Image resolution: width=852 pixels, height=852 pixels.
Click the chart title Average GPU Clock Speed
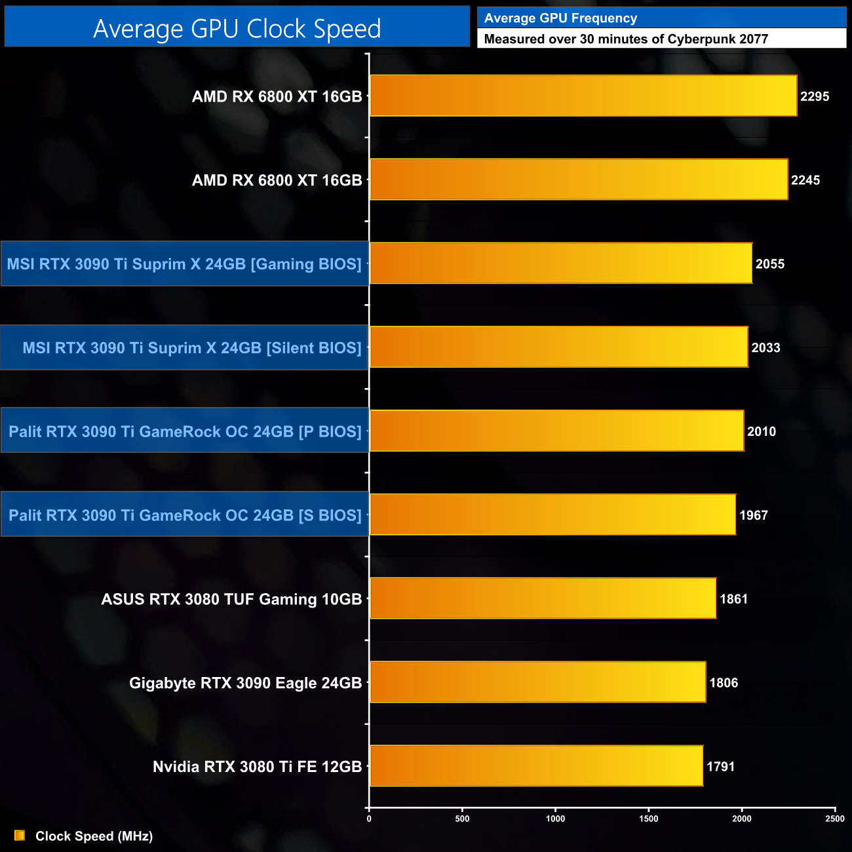click(x=237, y=29)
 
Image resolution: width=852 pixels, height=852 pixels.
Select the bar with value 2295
click(x=583, y=96)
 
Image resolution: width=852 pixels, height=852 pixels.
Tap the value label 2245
click(x=805, y=180)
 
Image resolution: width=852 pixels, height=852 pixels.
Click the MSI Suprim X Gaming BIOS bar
click(x=561, y=263)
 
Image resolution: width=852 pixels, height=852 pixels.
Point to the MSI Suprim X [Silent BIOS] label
click(x=191, y=348)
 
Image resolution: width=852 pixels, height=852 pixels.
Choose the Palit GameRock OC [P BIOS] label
click(x=185, y=432)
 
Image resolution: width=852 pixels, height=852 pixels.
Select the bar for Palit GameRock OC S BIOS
click(x=552, y=515)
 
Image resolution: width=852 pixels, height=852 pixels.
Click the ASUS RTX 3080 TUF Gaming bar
click(x=543, y=598)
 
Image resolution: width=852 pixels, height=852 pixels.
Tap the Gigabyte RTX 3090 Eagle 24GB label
click(x=245, y=683)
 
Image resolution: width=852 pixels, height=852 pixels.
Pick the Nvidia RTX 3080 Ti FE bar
click(x=536, y=766)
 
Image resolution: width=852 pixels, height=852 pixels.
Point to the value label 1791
click(x=720, y=767)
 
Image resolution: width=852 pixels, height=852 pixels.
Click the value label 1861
click(x=733, y=599)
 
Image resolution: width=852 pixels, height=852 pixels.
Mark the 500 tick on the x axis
click(x=463, y=819)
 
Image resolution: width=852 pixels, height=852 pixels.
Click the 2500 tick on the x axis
click(x=835, y=819)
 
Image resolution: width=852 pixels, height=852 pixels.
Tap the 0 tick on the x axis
click(x=369, y=819)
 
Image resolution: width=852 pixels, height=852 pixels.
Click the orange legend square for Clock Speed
click(x=20, y=836)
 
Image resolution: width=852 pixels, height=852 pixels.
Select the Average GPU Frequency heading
click(x=560, y=18)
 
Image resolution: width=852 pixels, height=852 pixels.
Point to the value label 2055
click(x=769, y=264)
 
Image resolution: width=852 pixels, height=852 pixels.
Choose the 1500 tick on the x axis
click(x=649, y=819)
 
